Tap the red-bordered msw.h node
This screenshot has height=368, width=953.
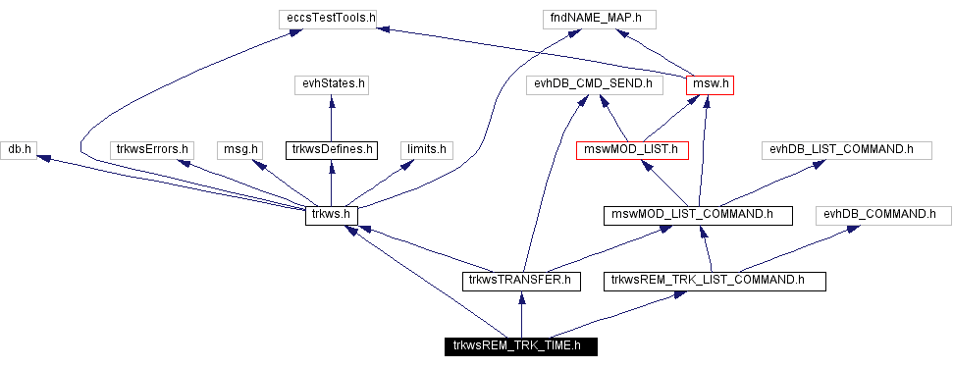711,84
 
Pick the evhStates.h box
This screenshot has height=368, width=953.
331,84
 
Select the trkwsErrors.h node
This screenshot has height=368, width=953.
151,149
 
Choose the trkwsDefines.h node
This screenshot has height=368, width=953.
331,149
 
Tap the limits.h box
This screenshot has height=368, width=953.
425,149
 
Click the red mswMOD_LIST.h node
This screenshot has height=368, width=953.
632,149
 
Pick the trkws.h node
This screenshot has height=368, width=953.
331,215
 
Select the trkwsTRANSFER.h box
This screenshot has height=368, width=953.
521,281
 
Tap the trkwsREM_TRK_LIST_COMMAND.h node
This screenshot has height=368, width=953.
715,281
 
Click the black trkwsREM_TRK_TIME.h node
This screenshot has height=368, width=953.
518,345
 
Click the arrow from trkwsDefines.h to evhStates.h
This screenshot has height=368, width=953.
331,117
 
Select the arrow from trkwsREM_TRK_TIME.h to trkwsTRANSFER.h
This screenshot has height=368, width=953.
521,313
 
